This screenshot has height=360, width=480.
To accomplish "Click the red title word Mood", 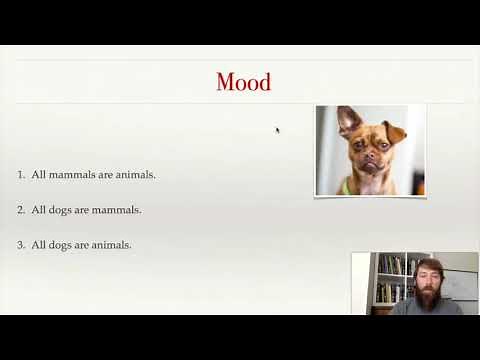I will tap(243, 82).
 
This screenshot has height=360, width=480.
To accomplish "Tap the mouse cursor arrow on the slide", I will tap(278, 129).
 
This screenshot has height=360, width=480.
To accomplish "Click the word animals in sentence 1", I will tap(134, 175).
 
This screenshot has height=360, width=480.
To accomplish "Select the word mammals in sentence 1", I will tap(72, 175).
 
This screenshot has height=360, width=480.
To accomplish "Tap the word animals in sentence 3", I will tap(110, 245).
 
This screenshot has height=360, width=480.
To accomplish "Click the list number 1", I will tap(21, 175).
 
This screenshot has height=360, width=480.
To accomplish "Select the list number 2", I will tap(21, 210).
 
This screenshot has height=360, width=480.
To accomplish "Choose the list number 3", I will tap(21, 245).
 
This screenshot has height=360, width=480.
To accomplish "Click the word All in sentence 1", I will tap(39, 175).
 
